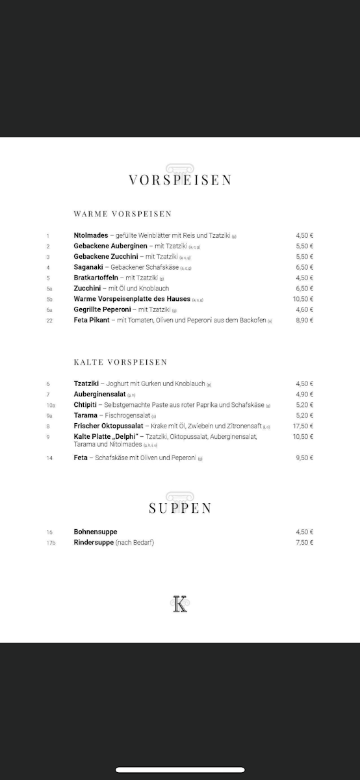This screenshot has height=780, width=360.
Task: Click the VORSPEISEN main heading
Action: click(180, 180)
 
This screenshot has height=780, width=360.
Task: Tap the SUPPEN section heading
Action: click(180, 508)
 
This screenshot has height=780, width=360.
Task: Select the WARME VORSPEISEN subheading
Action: click(123, 213)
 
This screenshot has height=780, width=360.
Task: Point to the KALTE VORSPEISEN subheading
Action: click(120, 361)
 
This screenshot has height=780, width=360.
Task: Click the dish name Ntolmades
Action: click(91, 235)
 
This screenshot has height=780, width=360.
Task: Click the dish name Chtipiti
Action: click(85, 405)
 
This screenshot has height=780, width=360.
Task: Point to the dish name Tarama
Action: click(85, 415)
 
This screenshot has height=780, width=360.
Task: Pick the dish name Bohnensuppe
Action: click(96, 532)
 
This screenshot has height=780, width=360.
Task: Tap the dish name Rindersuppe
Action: click(94, 542)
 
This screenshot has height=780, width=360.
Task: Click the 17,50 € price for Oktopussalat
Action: click(303, 426)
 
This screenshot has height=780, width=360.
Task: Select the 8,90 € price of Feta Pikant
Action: click(305, 320)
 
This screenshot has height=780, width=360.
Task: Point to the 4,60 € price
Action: click(305, 309)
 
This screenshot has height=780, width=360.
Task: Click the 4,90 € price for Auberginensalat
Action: click(305, 395)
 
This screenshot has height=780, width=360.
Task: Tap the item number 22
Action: click(49, 320)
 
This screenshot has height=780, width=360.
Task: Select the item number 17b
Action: click(51, 543)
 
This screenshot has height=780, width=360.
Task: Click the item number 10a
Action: click(51, 405)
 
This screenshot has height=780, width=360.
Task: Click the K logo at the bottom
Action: click(180, 604)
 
